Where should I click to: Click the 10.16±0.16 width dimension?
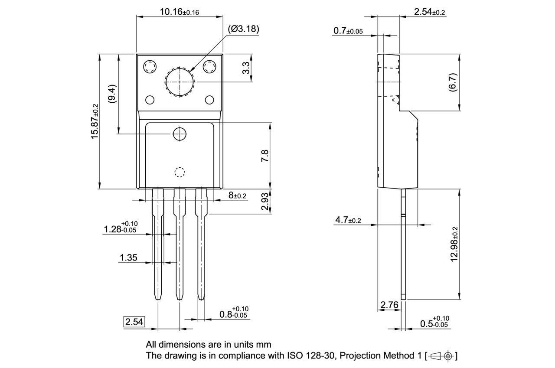pyautogui.click(x=179, y=12)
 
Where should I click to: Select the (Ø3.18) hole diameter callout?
pyautogui.click(x=243, y=29)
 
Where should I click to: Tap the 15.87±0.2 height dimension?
pyautogui.click(x=95, y=122)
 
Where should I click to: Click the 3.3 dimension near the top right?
pyautogui.click(x=246, y=68)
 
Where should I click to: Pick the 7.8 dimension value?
pyautogui.click(x=265, y=156)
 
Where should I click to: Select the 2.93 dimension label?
pyautogui.click(x=265, y=202)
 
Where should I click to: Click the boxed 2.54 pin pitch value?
pyautogui.click(x=134, y=322)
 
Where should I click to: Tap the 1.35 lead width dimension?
pyautogui.click(x=128, y=258)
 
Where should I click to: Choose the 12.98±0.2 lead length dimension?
pyautogui.click(x=454, y=244)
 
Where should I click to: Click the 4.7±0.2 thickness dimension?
pyautogui.click(x=347, y=220)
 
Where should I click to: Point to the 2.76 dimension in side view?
pyautogui.click(x=389, y=305)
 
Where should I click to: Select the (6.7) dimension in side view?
pyautogui.click(x=453, y=82)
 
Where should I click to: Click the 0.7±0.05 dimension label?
pyautogui.click(x=348, y=31)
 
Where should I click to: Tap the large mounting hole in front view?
pyautogui.click(x=179, y=82)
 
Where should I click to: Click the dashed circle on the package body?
pyautogui.click(x=179, y=172)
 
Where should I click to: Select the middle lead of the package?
pyautogui.click(x=179, y=245)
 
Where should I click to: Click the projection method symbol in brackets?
pyautogui.click(x=441, y=356)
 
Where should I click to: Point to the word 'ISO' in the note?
pyautogui.click(x=294, y=356)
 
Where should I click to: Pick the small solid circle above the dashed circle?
pyautogui.click(x=179, y=134)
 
